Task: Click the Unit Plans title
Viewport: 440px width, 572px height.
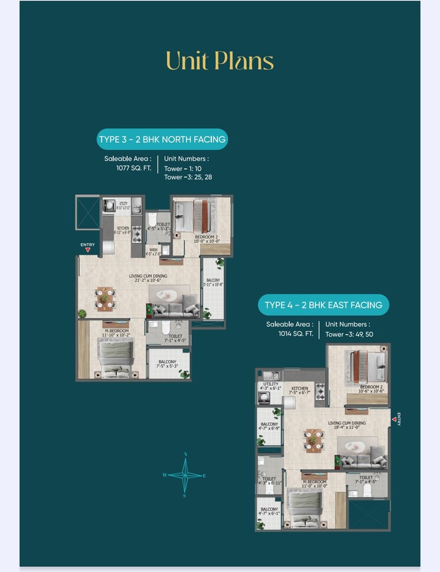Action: [x=220, y=61]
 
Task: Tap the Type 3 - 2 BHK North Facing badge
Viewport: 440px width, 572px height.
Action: [x=161, y=140]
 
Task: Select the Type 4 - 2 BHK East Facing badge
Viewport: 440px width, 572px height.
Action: [x=323, y=305]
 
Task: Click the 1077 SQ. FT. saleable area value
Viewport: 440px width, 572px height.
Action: [x=134, y=168]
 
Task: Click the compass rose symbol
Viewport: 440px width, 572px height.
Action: [x=185, y=475]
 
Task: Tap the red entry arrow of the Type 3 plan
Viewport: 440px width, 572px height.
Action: [x=87, y=250]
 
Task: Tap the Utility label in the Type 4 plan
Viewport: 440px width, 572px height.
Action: [x=270, y=385]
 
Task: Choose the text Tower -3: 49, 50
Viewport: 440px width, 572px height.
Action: [x=349, y=334]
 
